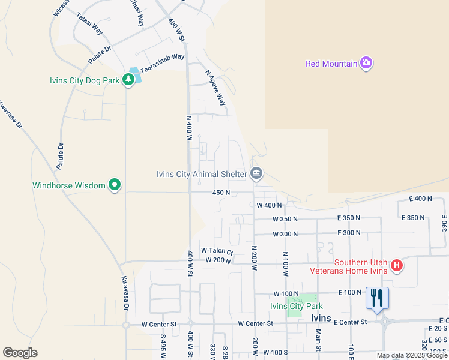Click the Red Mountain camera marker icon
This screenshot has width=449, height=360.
[x=366, y=63]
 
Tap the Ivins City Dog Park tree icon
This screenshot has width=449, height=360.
[x=128, y=79]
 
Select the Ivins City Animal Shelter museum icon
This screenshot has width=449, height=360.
[x=256, y=174]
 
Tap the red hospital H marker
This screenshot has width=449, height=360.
[x=396, y=265]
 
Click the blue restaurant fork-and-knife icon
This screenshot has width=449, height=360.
[x=377, y=298]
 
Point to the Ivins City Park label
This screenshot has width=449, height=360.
[x=297, y=306]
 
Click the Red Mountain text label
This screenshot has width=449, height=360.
[x=331, y=63]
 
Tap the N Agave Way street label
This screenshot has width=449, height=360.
[x=215, y=88]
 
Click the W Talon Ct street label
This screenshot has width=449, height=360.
[x=217, y=250]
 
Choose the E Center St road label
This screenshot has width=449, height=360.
[x=350, y=322]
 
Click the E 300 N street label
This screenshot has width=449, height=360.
[x=349, y=233]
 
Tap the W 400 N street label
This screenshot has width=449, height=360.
[x=269, y=205]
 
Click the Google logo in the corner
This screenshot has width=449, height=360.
[x=20, y=353]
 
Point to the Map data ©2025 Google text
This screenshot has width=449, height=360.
[x=412, y=355]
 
